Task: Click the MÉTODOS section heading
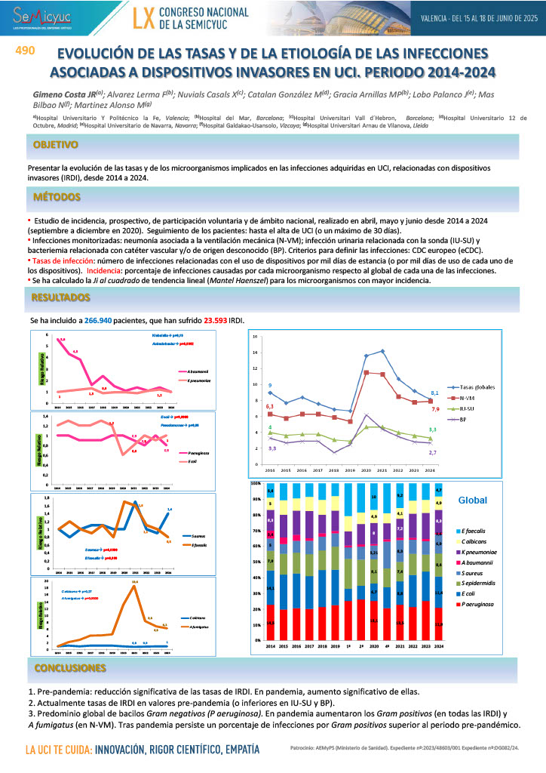click(57, 197)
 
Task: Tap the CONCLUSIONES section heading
click(69, 668)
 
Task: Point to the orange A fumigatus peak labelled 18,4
click(134, 587)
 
